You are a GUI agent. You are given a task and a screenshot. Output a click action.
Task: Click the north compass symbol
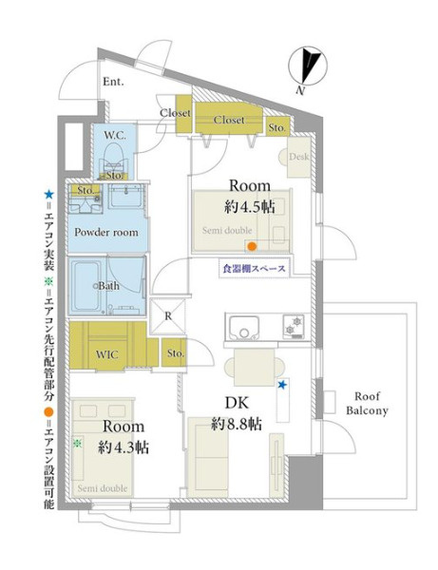click(308, 66)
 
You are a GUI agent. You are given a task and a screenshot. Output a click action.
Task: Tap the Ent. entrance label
click(113, 82)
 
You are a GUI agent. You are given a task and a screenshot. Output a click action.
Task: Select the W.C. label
click(115, 136)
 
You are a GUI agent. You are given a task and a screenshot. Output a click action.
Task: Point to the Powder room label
click(106, 232)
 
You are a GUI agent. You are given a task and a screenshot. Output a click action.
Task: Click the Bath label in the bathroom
click(108, 286)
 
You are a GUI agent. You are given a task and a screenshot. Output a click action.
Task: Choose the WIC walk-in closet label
click(106, 354)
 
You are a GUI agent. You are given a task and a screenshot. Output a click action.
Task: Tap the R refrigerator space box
click(168, 316)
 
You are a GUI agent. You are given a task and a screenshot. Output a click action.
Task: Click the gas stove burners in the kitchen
click(294, 326)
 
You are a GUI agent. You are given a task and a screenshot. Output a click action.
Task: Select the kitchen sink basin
click(244, 327)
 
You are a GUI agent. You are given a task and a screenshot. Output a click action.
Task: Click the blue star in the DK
click(282, 384)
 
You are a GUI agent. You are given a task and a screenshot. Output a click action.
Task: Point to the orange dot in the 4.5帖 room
click(251, 247)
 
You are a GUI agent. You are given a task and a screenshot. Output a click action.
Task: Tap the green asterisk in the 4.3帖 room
click(77, 443)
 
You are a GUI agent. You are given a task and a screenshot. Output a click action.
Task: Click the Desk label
click(298, 157)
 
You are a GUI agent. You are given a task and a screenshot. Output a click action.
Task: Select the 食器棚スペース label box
click(255, 268)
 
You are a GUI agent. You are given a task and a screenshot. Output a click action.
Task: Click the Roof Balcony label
click(367, 403)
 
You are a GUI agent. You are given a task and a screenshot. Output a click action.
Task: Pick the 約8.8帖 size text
click(237, 424)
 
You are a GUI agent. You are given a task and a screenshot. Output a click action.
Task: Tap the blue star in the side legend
click(48, 195)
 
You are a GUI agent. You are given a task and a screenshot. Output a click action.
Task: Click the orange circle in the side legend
click(48, 412)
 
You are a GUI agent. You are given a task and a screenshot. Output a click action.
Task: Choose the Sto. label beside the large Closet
click(277, 127)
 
